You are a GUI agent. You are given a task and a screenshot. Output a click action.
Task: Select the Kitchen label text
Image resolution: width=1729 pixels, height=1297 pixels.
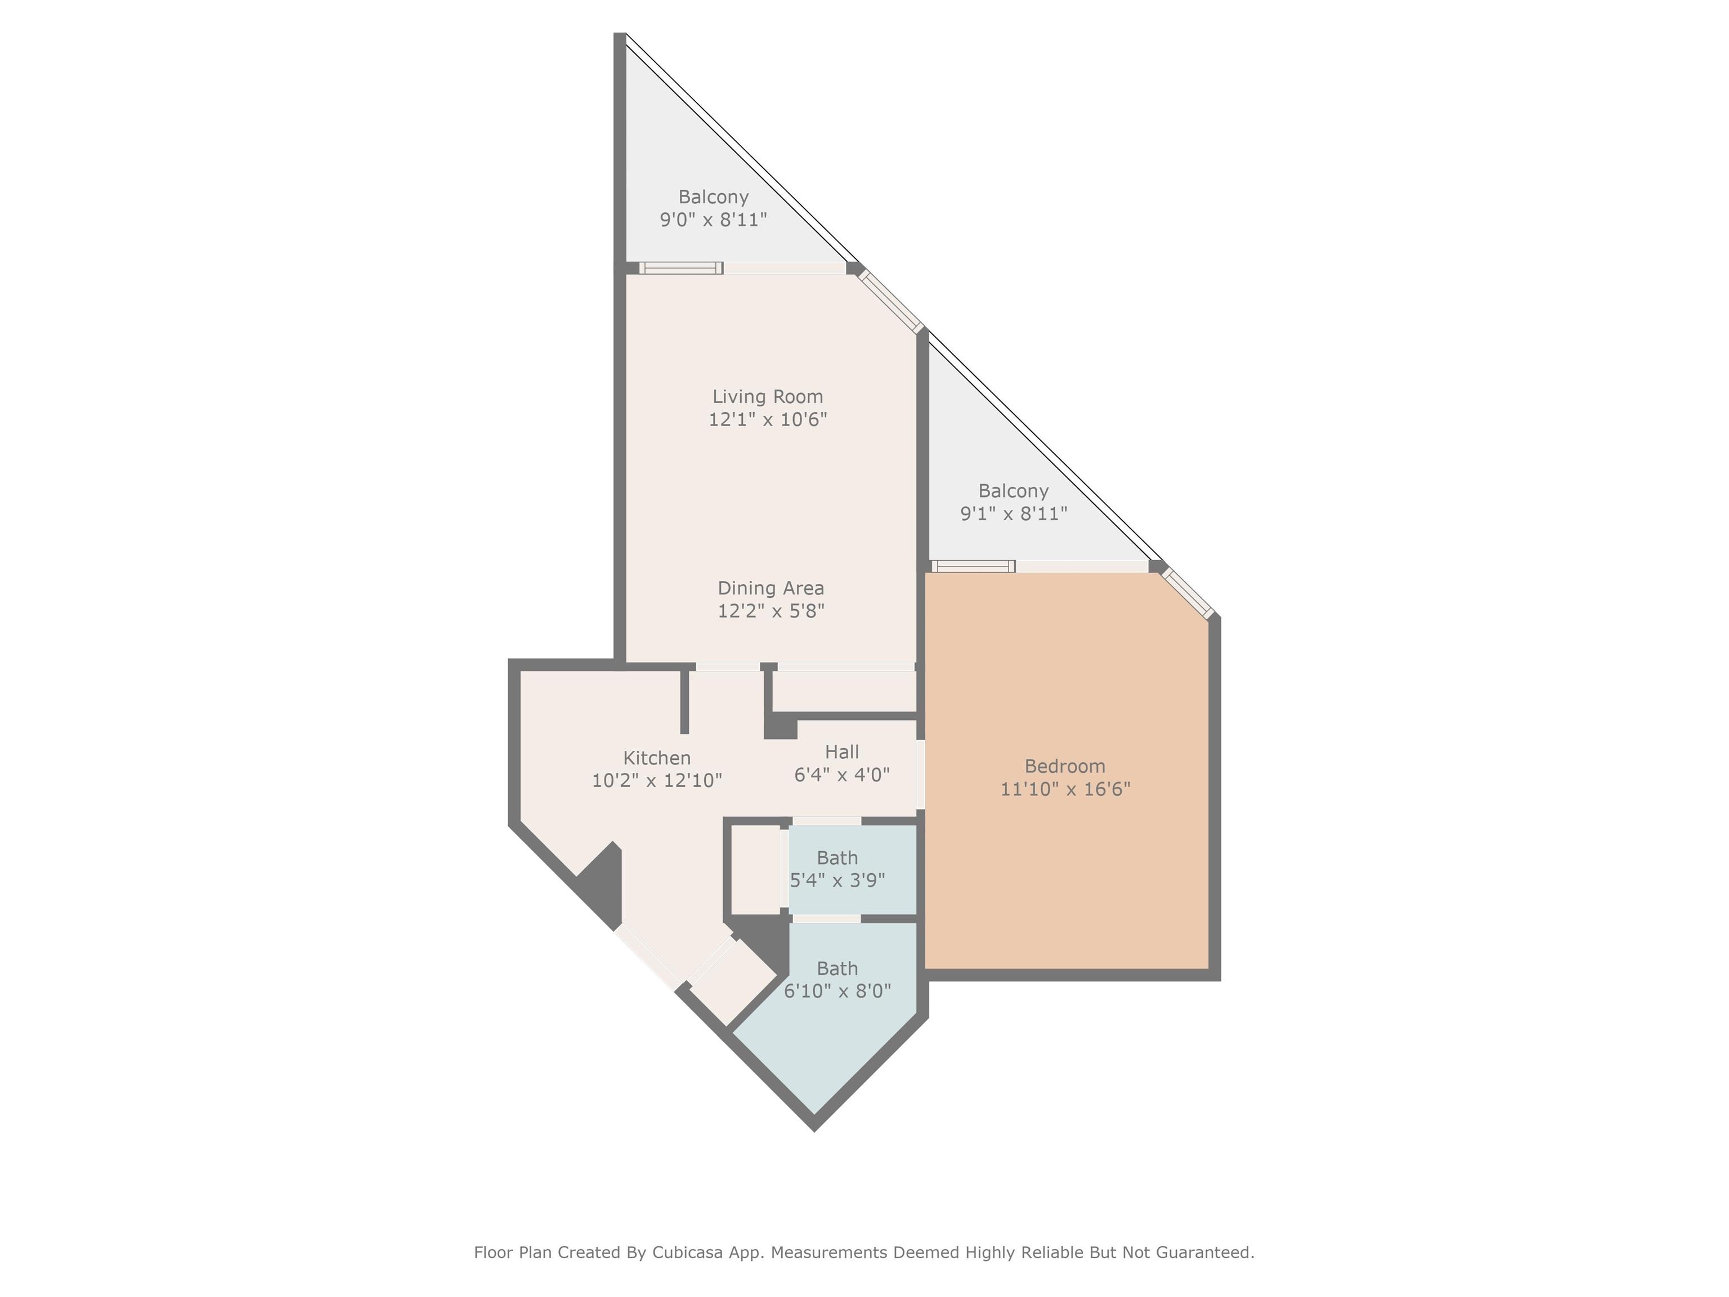657,758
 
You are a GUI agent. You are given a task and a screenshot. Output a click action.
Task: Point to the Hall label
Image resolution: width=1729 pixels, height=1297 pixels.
842,752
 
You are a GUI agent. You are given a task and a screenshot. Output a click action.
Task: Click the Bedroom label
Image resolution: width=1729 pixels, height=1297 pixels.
1065,766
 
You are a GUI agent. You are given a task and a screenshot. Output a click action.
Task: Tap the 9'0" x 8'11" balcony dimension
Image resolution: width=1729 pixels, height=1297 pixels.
713,220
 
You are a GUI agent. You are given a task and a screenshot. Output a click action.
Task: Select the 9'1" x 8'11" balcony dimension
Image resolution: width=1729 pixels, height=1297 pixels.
1014,513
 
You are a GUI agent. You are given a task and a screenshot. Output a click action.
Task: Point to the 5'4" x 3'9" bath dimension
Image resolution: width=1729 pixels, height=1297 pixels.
837,880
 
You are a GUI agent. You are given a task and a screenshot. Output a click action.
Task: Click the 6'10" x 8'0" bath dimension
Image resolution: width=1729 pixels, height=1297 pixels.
837,991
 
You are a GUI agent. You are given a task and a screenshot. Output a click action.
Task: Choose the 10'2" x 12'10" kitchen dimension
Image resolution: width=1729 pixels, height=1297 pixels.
657,780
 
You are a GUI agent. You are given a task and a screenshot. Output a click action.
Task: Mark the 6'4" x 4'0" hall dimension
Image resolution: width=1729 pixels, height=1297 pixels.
842,775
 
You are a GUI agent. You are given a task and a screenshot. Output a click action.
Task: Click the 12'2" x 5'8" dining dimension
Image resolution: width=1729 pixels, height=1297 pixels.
771,611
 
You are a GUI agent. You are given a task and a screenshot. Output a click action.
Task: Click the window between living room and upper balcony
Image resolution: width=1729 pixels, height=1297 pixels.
681,268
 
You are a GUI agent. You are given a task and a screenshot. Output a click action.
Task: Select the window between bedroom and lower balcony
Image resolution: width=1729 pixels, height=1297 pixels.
973,566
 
